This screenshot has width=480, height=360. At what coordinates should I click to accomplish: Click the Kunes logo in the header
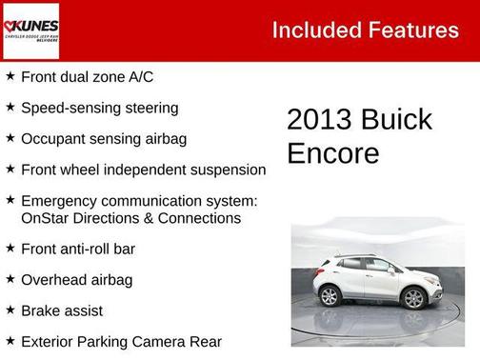[31, 30]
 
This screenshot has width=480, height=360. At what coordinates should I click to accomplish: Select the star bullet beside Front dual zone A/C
[10, 77]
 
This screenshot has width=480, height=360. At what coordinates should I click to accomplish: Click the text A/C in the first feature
[139, 77]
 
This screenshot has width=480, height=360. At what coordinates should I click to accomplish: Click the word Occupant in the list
[53, 139]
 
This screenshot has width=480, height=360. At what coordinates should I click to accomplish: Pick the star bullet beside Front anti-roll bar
[10, 249]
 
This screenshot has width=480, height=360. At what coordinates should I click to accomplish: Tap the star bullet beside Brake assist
[10, 310]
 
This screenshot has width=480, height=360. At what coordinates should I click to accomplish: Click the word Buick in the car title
[399, 120]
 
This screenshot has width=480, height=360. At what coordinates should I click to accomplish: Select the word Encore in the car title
[333, 153]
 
